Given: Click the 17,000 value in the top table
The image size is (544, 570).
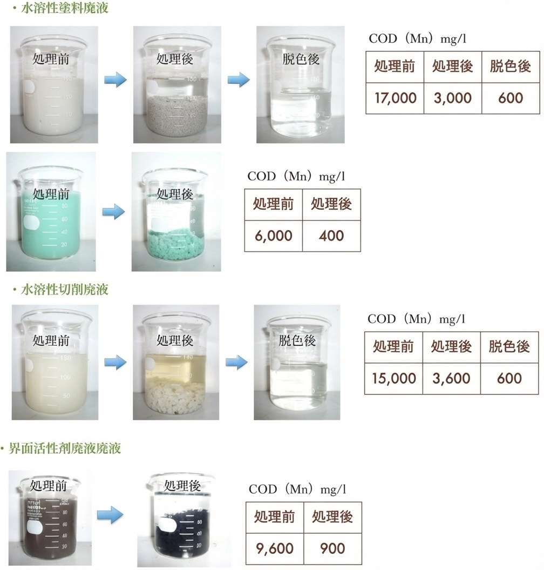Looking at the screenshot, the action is click(395, 98).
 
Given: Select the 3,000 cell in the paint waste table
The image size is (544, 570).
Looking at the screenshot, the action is click(453, 98).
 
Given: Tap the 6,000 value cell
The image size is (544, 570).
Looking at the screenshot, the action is click(274, 236).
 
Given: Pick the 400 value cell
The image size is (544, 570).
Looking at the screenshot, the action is click(331, 236).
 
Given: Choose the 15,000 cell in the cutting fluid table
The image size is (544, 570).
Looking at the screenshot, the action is click(393, 378).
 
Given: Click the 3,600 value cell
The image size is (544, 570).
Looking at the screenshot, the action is click(451, 378).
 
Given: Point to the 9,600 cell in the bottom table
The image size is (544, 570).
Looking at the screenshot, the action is click(275, 548).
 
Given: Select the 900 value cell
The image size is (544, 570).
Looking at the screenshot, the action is click(332, 548).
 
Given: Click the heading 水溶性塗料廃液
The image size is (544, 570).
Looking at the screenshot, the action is click(65, 8).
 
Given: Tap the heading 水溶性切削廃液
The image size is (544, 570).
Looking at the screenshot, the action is click(65, 290).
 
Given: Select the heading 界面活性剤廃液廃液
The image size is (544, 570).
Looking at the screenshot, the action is click(65, 448).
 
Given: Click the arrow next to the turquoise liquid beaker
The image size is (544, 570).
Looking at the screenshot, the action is click(114, 212).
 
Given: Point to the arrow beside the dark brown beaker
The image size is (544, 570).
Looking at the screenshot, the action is click(110, 515).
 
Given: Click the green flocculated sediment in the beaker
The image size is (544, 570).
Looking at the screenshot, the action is click(175, 244).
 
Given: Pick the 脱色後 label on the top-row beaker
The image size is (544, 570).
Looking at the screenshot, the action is click(301, 59).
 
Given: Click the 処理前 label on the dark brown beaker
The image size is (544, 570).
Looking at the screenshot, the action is click(48, 485).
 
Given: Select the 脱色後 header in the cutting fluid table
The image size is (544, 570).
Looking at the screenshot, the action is click(509, 347).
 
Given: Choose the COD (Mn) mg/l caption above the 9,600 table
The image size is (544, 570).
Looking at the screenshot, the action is click(297, 489).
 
